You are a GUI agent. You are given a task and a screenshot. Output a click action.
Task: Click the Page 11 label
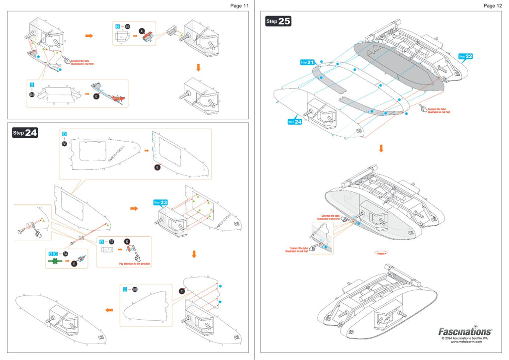tap(239, 5)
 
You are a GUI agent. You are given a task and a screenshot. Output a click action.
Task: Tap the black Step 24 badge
tap(25, 133)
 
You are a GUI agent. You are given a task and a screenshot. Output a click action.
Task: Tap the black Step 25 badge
tap(278, 21)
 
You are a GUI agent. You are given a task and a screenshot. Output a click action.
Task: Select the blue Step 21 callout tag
tap(308, 63)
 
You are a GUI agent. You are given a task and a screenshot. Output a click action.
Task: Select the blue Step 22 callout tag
tap(465, 56)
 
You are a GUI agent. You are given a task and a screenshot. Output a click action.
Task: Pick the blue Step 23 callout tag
tap(161, 202)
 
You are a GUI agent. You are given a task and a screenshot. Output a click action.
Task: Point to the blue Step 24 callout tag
tap(295, 121)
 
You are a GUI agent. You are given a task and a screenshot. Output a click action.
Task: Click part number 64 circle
tap(32, 94)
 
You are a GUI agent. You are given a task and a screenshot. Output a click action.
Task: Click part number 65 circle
tap(127, 26)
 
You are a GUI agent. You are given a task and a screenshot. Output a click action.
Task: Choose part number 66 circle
tap(64, 143)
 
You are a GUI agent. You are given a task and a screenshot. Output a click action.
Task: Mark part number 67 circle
tap(111, 242)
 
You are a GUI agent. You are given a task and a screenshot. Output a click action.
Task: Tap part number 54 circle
tap(65, 254)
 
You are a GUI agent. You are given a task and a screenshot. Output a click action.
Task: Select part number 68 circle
tap(135, 289)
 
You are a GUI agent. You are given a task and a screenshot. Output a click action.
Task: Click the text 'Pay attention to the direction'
tap(135, 264)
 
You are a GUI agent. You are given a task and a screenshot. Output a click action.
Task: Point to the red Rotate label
tap(381, 253)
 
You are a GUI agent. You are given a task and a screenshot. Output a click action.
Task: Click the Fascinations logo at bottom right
tap(465, 332)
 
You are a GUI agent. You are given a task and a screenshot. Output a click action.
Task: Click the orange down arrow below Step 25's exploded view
tap(381, 148)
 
